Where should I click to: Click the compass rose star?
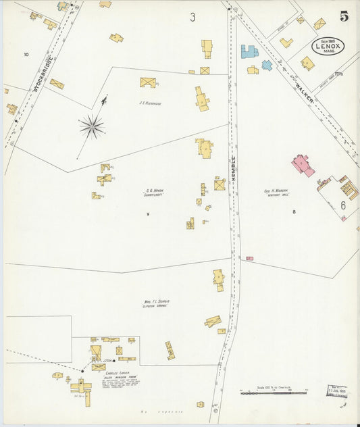[x=92, y=126]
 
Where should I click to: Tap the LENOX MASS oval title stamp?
[x=328, y=46]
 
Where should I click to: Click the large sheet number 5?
[x=344, y=17]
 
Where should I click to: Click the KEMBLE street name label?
[x=233, y=168]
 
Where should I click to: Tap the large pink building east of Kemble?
[x=303, y=165]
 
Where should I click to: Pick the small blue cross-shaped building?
[x=267, y=66]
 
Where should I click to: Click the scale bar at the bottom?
[x=277, y=392]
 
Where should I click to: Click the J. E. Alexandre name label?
[x=151, y=103]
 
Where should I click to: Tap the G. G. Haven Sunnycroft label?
[x=155, y=192]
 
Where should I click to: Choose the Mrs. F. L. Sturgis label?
[x=156, y=303]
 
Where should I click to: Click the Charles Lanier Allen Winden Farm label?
[x=122, y=374]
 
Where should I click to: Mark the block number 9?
[x=147, y=214]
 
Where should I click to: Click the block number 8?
[x=294, y=213]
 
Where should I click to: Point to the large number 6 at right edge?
[x=343, y=205]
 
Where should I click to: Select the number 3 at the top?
[x=192, y=18]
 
